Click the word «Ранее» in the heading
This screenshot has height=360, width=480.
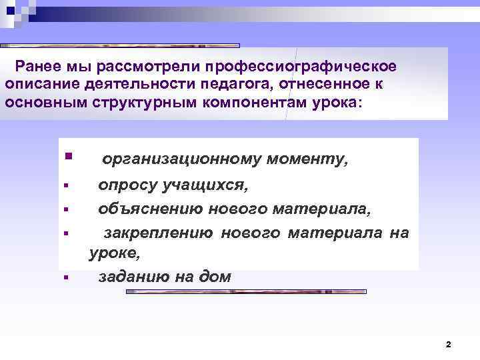[38, 67]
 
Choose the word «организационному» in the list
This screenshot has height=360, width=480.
[181, 160]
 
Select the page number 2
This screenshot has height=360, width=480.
[448, 345]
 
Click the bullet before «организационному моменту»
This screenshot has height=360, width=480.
[67, 157]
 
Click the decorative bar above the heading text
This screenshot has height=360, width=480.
[120, 45]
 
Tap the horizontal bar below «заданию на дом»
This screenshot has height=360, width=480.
[247, 291]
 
